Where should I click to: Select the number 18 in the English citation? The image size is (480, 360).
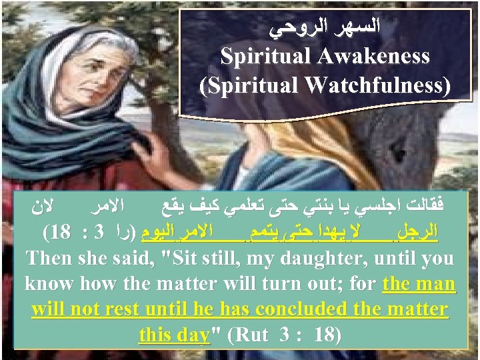click(x=327, y=335)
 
